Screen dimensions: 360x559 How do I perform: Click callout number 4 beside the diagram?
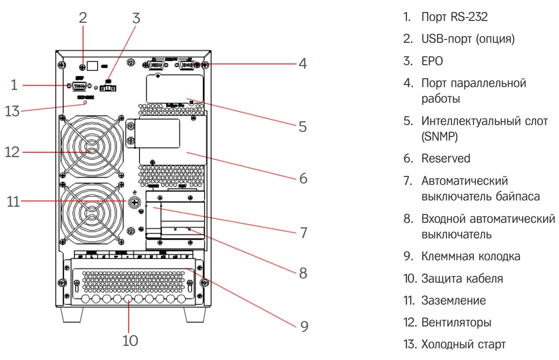[x=302, y=64]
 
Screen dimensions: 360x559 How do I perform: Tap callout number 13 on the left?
[x=14, y=111]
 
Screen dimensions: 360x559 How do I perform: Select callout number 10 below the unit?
[x=130, y=340]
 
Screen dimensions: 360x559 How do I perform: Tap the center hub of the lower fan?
[x=91, y=213]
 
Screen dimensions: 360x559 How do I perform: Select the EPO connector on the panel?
[x=108, y=89]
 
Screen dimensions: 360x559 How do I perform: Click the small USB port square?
[x=94, y=65]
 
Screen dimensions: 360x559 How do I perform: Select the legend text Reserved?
[x=446, y=158]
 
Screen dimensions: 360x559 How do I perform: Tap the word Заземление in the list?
[x=453, y=300]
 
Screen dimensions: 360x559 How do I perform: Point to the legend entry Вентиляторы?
[x=456, y=323]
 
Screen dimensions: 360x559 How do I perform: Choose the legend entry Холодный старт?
[x=463, y=344]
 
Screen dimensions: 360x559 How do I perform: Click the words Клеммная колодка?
[x=471, y=256]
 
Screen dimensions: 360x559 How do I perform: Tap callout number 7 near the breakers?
[x=303, y=233]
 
